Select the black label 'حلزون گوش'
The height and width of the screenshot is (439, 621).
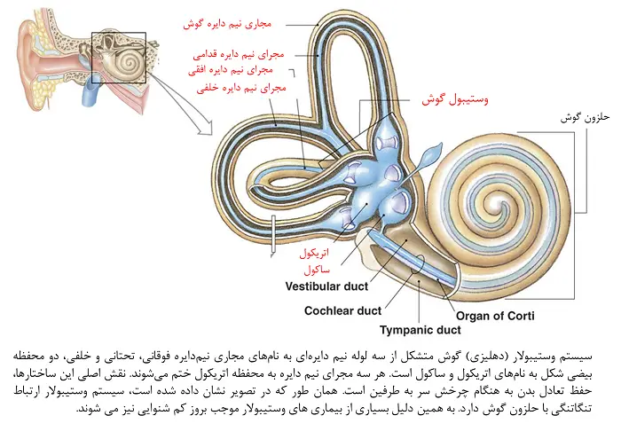coord(586,117)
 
